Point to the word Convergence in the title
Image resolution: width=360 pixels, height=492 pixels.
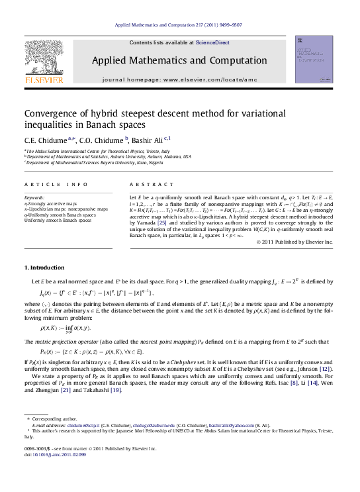point(55,113)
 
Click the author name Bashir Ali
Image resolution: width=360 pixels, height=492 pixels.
point(148,140)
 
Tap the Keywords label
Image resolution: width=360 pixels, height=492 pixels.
point(34,198)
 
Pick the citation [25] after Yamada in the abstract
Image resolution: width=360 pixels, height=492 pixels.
point(170,223)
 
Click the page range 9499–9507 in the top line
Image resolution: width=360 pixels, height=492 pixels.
point(227,25)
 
